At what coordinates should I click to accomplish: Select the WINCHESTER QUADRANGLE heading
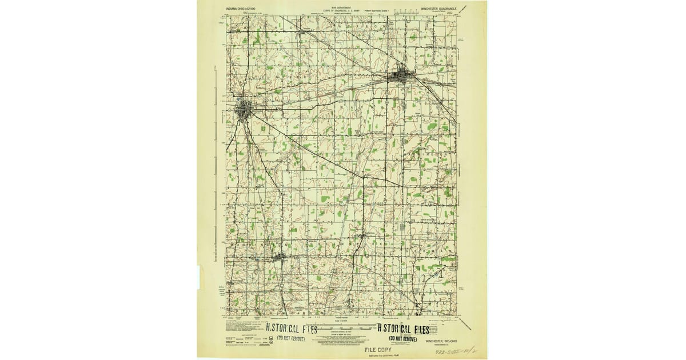pos(437,9)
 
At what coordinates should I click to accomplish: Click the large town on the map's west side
pos(246,109)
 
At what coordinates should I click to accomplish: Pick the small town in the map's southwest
pos(280,258)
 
